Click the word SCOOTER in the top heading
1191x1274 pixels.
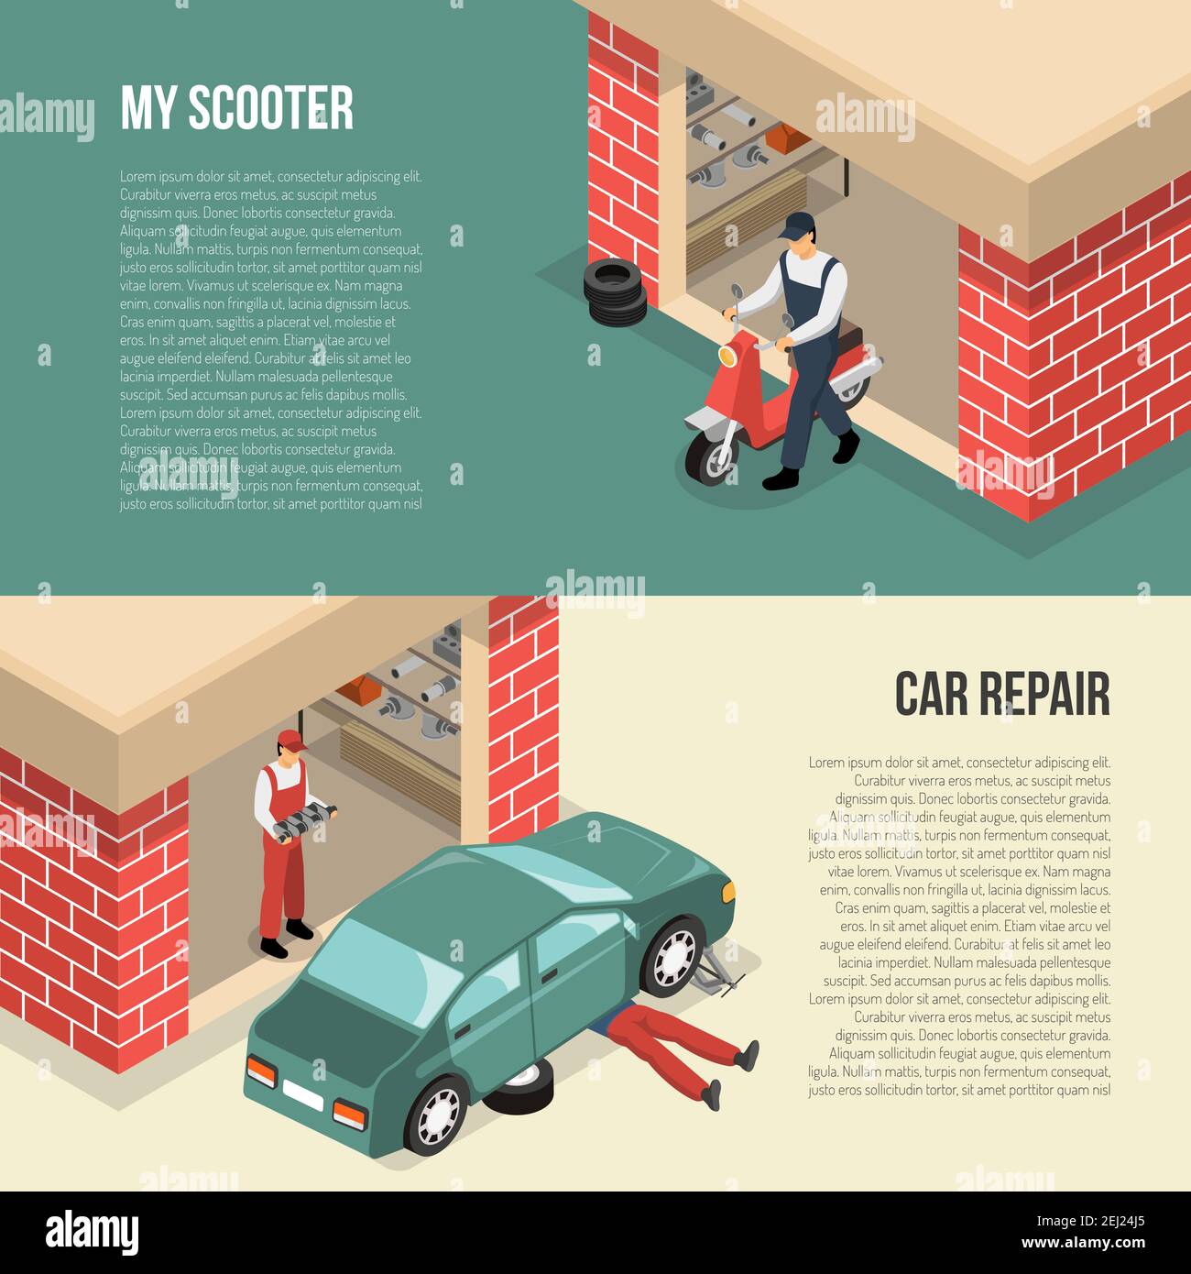270,108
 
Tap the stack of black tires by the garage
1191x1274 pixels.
615,293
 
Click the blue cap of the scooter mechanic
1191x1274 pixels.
798,224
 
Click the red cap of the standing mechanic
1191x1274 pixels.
291,739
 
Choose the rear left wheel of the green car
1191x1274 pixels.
436,1115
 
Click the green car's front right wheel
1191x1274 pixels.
673,957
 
